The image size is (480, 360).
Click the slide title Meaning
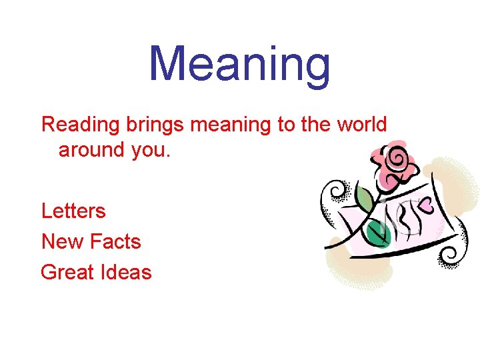pos(239,65)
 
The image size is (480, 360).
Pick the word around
pos(92,149)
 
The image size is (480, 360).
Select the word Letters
pos(73,211)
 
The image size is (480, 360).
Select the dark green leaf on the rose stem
pos(378,233)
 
